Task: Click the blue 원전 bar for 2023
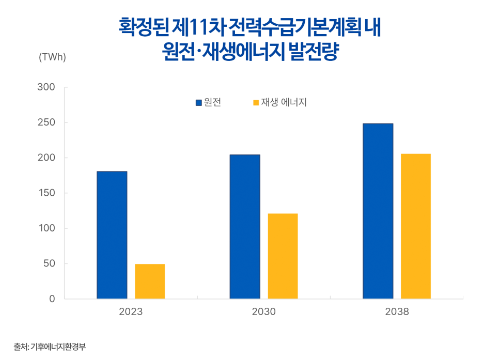(x=112, y=235)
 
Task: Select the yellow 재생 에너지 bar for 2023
(x=150, y=281)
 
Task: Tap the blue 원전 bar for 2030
(x=245, y=227)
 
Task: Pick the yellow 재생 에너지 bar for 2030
(x=283, y=256)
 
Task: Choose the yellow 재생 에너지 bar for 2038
(x=416, y=226)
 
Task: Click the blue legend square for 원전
(x=199, y=103)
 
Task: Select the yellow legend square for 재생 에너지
(x=256, y=103)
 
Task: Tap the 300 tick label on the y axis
(x=46, y=87)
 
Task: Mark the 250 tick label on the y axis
(x=46, y=122)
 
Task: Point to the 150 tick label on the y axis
(x=46, y=193)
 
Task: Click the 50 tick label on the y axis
(x=49, y=264)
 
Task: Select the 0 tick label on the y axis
(x=52, y=299)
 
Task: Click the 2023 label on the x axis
(x=131, y=312)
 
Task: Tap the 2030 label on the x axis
(x=263, y=312)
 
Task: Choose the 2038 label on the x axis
(x=396, y=312)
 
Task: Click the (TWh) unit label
(x=52, y=57)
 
